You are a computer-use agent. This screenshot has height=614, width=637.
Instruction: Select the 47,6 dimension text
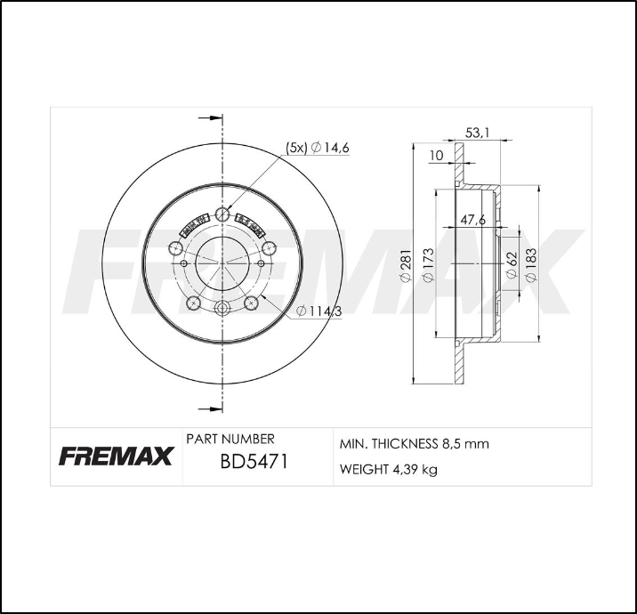(472, 220)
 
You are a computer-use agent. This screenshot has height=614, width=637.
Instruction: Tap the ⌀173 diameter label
(427, 266)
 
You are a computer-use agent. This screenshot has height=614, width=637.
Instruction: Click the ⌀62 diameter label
(512, 264)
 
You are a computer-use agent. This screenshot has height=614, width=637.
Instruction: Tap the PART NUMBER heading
(230, 439)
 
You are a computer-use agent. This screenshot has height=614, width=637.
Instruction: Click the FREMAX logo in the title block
(116, 457)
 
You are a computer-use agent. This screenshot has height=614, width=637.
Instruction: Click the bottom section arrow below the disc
(209, 408)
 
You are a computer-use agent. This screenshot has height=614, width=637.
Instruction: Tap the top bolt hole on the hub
(222, 214)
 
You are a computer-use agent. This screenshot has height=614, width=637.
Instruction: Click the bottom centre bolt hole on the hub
(222, 309)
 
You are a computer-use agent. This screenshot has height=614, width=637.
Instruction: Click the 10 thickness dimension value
(436, 156)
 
